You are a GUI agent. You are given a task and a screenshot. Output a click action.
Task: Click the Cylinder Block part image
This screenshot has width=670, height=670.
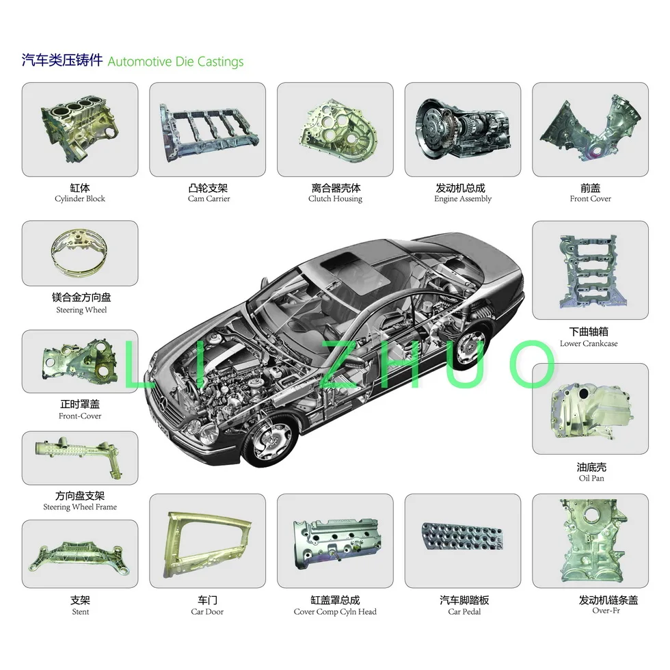click(x=79, y=130)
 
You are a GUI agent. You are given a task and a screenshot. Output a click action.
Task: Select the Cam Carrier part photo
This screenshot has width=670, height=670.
click(x=207, y=130)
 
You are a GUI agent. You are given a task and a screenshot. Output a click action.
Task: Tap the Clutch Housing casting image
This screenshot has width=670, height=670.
click(x=335, y=130)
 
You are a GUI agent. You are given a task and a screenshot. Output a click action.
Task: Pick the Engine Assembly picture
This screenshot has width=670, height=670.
click(x=463, y=130)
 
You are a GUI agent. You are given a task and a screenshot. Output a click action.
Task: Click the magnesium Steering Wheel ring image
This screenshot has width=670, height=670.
click(x=80, y=252)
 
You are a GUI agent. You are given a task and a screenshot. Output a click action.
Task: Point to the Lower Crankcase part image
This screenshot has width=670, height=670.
click(x=590, y=270)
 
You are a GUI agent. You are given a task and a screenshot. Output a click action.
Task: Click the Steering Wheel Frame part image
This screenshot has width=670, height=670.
click(x=80, y=458)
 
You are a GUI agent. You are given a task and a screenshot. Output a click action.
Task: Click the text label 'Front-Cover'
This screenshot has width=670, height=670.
click(x=80, y=416)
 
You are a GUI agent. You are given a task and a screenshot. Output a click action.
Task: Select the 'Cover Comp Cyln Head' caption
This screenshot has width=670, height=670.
click(x=335, y=612)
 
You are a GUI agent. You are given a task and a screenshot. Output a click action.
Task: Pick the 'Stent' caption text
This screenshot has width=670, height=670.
click(x=80, y=612)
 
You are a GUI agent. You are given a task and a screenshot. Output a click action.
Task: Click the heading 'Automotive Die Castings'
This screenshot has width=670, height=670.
click(x=176, y=62)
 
